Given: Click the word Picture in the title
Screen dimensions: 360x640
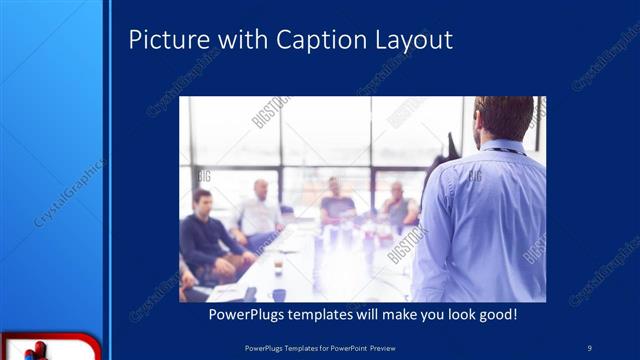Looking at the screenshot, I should click(x=163, y=40).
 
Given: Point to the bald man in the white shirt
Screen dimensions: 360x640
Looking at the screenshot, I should click(x=259, y=211).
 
